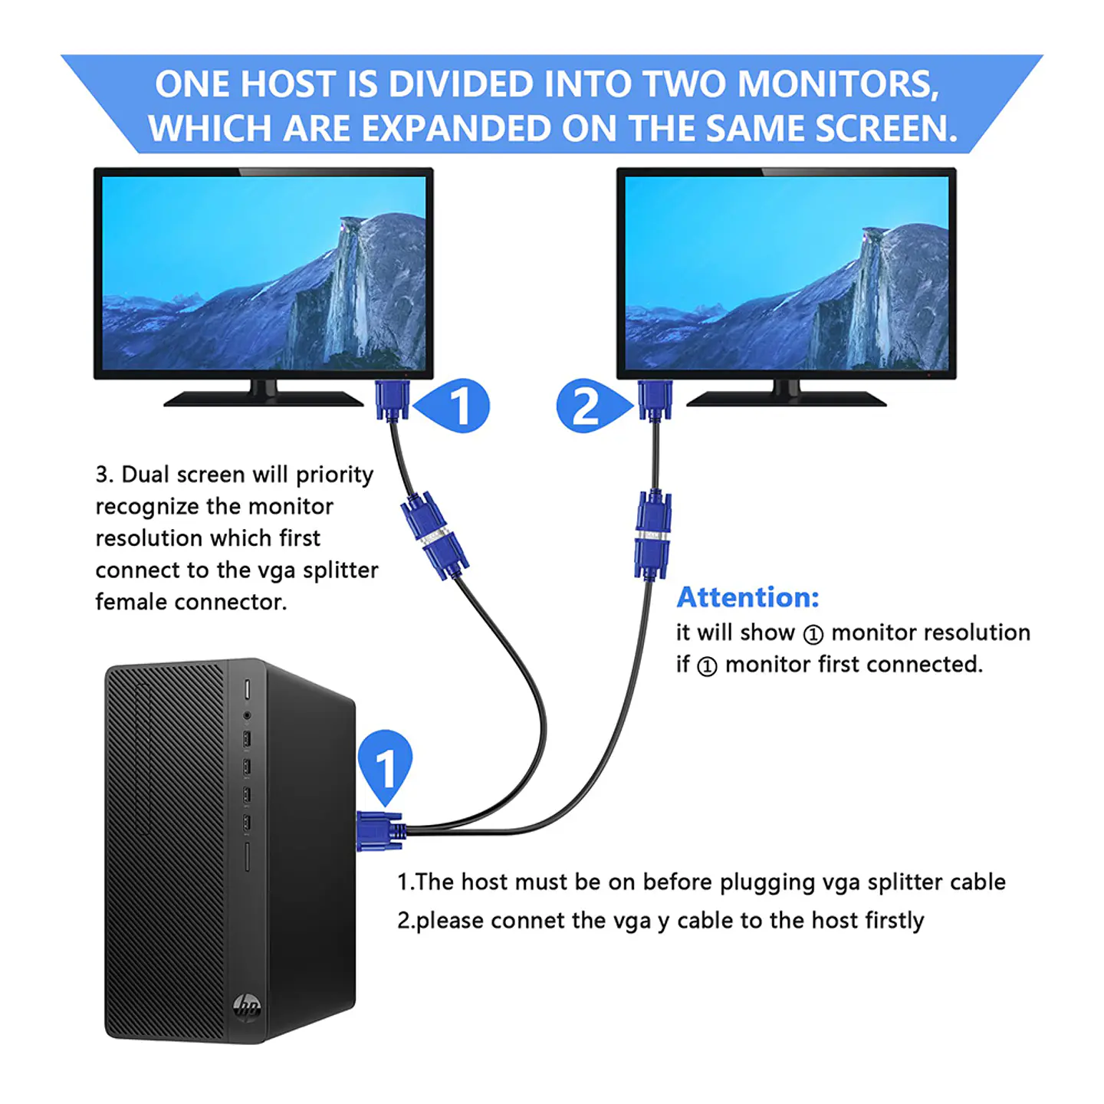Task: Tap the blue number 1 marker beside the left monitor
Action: (452, 406)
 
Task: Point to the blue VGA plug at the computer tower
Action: (380, 831)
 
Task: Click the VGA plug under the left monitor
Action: (393, 400)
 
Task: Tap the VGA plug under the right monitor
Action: (655, 400)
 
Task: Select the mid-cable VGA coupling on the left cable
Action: (435, 536)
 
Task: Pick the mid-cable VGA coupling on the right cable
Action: (652, 534)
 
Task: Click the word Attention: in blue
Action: (747, 597)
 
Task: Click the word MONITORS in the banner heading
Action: (838, 84)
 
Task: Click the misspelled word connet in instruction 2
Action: (527, 921)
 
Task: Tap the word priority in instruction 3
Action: (334, 475)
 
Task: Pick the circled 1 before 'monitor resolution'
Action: (813, 634)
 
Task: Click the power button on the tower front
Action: (248, 689)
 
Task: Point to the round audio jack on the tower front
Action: (247, 715)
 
